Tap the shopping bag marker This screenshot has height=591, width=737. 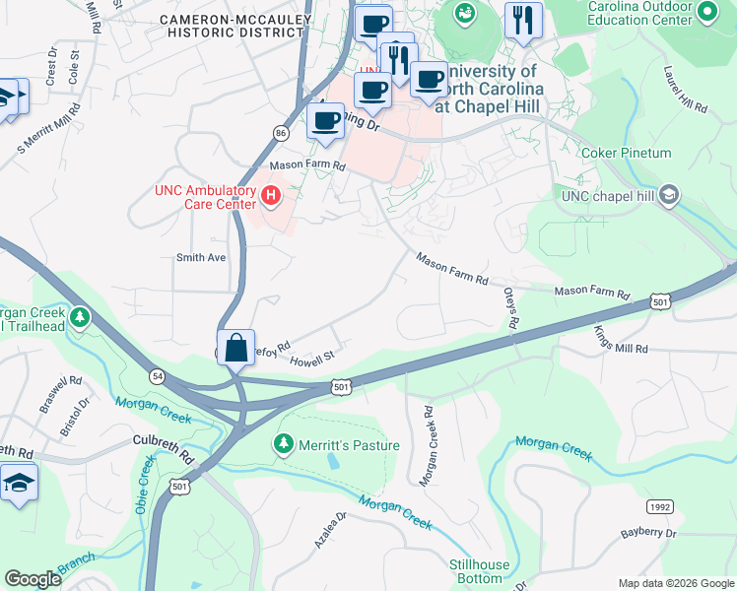pyautogui.click(x=235, y=349)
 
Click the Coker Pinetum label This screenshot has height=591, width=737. pyautogui.click(x=626, y=153)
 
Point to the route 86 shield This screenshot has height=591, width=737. pyautogui.click(x=281, y=131)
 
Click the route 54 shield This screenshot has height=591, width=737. pyautogui.click(x=157, y=376)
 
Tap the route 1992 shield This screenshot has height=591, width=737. pyautogui.click(x=660, y=505)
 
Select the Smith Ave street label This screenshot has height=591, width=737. pyautogui.click(x=201, y=258)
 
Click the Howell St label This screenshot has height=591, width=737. pyautogui.click(x=312, y=361)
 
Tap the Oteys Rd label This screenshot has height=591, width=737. pyautogui.click(x=510, y=309)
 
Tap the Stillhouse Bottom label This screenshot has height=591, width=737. pyautogui.click(x=476, y=571)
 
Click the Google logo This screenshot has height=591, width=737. pyautogui.click(x=33, y=578)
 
